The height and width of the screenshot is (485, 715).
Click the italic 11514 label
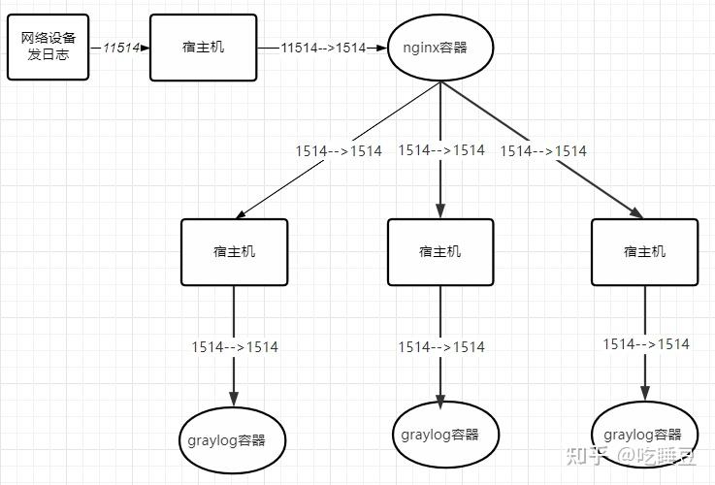121,48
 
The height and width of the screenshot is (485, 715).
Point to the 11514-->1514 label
323,48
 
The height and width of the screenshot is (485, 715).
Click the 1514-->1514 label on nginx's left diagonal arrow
339,151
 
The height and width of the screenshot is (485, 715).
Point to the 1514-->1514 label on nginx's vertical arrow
441,150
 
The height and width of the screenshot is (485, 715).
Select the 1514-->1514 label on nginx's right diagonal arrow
543,151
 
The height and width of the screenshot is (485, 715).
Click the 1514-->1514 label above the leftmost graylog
235,347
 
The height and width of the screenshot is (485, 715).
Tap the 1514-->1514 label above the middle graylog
441,347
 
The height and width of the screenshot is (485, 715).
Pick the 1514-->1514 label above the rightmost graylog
646,343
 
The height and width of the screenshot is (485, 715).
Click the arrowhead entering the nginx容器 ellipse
381,48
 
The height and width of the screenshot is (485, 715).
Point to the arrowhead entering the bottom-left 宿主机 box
241,214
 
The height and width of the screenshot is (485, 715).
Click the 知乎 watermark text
586,455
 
